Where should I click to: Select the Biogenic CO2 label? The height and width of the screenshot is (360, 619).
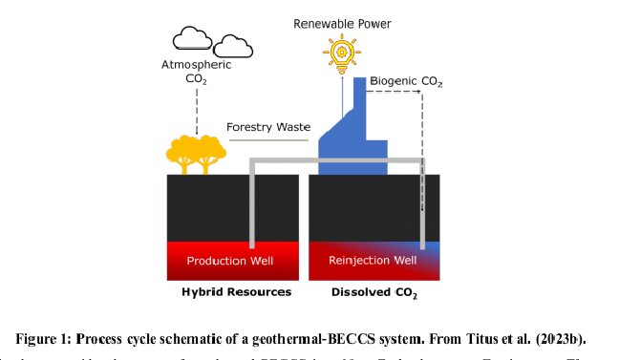[406, 83]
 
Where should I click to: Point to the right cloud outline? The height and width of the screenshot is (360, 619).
[232, 46]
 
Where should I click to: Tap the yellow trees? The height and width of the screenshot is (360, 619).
[195, 154]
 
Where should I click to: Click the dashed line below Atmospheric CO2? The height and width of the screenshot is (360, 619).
[195, 110]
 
